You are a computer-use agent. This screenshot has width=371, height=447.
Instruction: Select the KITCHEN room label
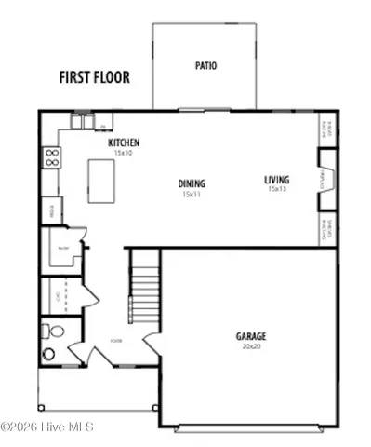124,143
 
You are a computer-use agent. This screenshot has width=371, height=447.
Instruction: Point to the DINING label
192,184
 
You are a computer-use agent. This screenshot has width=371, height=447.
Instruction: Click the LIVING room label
276,180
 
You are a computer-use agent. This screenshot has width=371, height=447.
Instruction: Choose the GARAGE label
250,335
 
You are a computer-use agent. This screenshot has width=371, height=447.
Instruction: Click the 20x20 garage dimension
250,345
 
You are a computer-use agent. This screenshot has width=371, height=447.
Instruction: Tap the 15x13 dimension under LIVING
276,190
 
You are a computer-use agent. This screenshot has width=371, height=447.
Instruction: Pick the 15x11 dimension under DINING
192,195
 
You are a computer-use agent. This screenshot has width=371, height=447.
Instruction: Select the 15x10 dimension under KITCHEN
124,153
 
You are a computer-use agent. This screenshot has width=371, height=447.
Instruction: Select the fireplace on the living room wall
325,179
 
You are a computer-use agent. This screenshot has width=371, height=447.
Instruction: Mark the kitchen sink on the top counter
86,123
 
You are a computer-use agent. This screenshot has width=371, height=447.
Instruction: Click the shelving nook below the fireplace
325,228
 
